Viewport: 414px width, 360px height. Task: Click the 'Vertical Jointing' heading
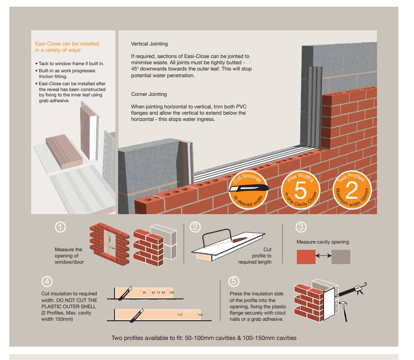click(149, 44)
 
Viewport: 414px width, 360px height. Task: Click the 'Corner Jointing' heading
click(149, 95)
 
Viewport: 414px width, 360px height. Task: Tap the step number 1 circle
click(61, 227)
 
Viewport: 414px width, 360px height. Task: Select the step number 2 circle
click(195, 227)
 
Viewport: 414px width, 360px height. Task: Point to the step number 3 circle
click(301, 227)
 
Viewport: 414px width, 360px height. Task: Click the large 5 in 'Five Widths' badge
click(301, 190)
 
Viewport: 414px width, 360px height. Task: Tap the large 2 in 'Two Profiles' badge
click(352, 190)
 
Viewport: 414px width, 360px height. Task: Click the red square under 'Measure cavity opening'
click(306, 257)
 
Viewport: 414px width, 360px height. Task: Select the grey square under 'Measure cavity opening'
click(341, 257)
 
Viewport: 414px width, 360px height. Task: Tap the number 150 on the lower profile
click(200, 315)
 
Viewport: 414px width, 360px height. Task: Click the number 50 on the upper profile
click(144, 293)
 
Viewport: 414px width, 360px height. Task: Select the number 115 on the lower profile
click(180, 315)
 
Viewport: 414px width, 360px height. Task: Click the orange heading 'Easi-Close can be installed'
click(67, 44)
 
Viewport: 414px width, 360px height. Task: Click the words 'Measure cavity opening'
click(323, 242)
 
